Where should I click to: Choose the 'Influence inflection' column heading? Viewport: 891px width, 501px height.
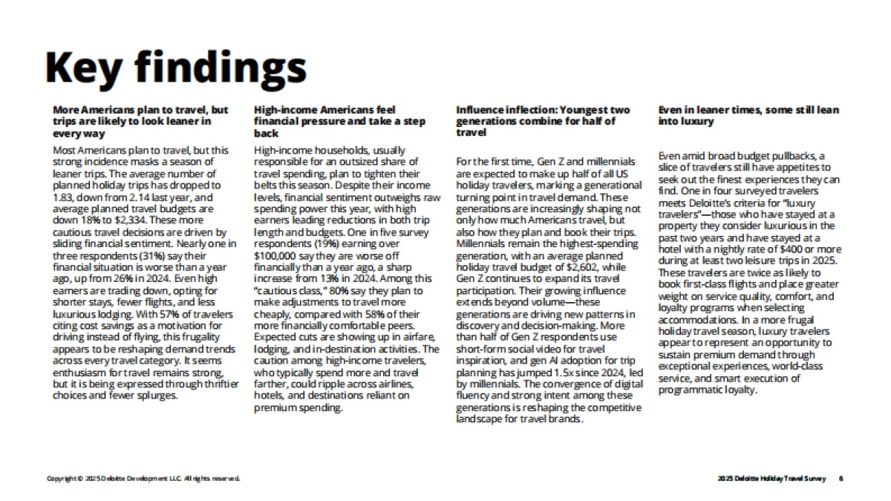click(x=543, y=121)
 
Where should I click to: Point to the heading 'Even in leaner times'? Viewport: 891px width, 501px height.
click(x=749, y=115)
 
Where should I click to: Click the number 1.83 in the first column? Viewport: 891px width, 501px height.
click(x=64, y=198)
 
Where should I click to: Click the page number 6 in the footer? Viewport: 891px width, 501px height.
click(x=841, y=479)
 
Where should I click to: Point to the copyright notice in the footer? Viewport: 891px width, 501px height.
click(x=143, y=479)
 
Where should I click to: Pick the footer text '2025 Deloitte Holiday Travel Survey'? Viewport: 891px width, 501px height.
click(x=771, y=479)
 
